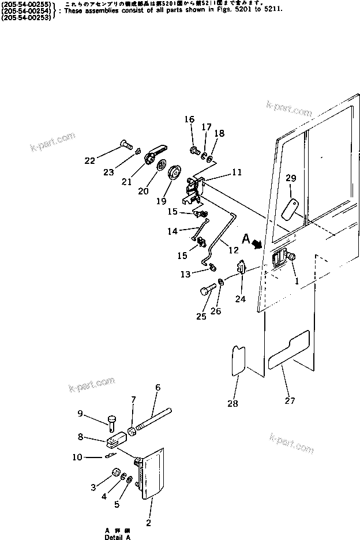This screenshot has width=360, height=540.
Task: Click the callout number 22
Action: click(89, 161)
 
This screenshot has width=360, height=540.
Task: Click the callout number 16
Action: click(190, 119)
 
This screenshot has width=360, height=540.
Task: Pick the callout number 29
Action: click(290, 178)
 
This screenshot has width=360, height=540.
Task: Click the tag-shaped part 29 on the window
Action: click(290, 209)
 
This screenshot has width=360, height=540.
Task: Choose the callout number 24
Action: click(240, 299)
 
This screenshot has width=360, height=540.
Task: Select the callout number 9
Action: click(80, 413)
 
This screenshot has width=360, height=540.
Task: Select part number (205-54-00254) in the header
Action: click(27, 10)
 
